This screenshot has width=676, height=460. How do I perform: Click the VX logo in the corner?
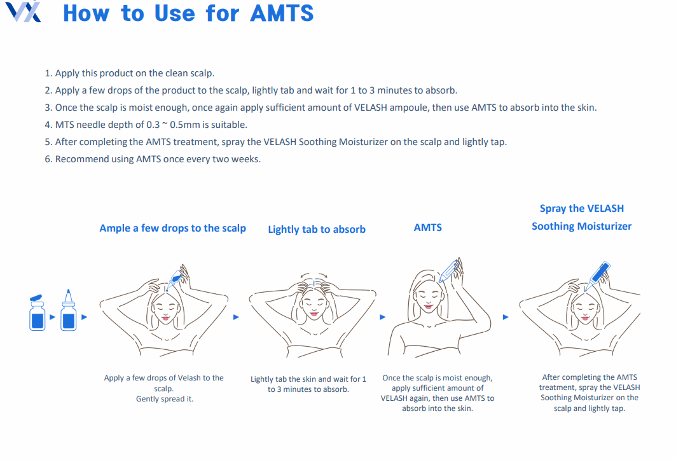pyautogui.click(x=24, y=11)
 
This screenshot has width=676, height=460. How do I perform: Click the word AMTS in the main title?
pyautogui.click(x=282, y=13)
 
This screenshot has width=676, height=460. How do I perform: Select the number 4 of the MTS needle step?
pyautogui.click(x=48, y=125)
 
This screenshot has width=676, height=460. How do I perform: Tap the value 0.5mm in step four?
pyautogui.click(x=185, y=125)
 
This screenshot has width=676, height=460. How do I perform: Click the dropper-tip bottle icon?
pyautogui.click(x=69, y=310)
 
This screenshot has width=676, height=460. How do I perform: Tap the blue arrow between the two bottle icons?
pyautogui.click(x=53, y=317)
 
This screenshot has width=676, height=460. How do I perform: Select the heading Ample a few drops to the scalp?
pyautogui.click(x=172, y=228)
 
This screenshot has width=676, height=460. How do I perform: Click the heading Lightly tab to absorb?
pyautogui.click(x=317, y=230)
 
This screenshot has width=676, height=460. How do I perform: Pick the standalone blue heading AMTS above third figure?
pyautogui.click(x=428, y=227)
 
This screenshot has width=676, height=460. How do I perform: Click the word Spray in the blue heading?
pyautogui.click(x=553, y=209)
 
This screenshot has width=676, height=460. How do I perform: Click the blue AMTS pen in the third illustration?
pyautogui.click(x=449, y=271)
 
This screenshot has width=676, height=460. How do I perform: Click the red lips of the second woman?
pyautogui.click(x=314, y=313)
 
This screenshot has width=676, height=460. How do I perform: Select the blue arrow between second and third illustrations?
pyautogui.click(x=382, y=317)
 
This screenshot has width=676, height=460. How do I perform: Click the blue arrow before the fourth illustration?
pyautogui.click(x=506, y=317)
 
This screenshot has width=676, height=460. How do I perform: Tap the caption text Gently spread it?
pyautogui.click(x=165, y=399)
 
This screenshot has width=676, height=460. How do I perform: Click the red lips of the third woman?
pyautogui.click(x=428, y=307)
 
